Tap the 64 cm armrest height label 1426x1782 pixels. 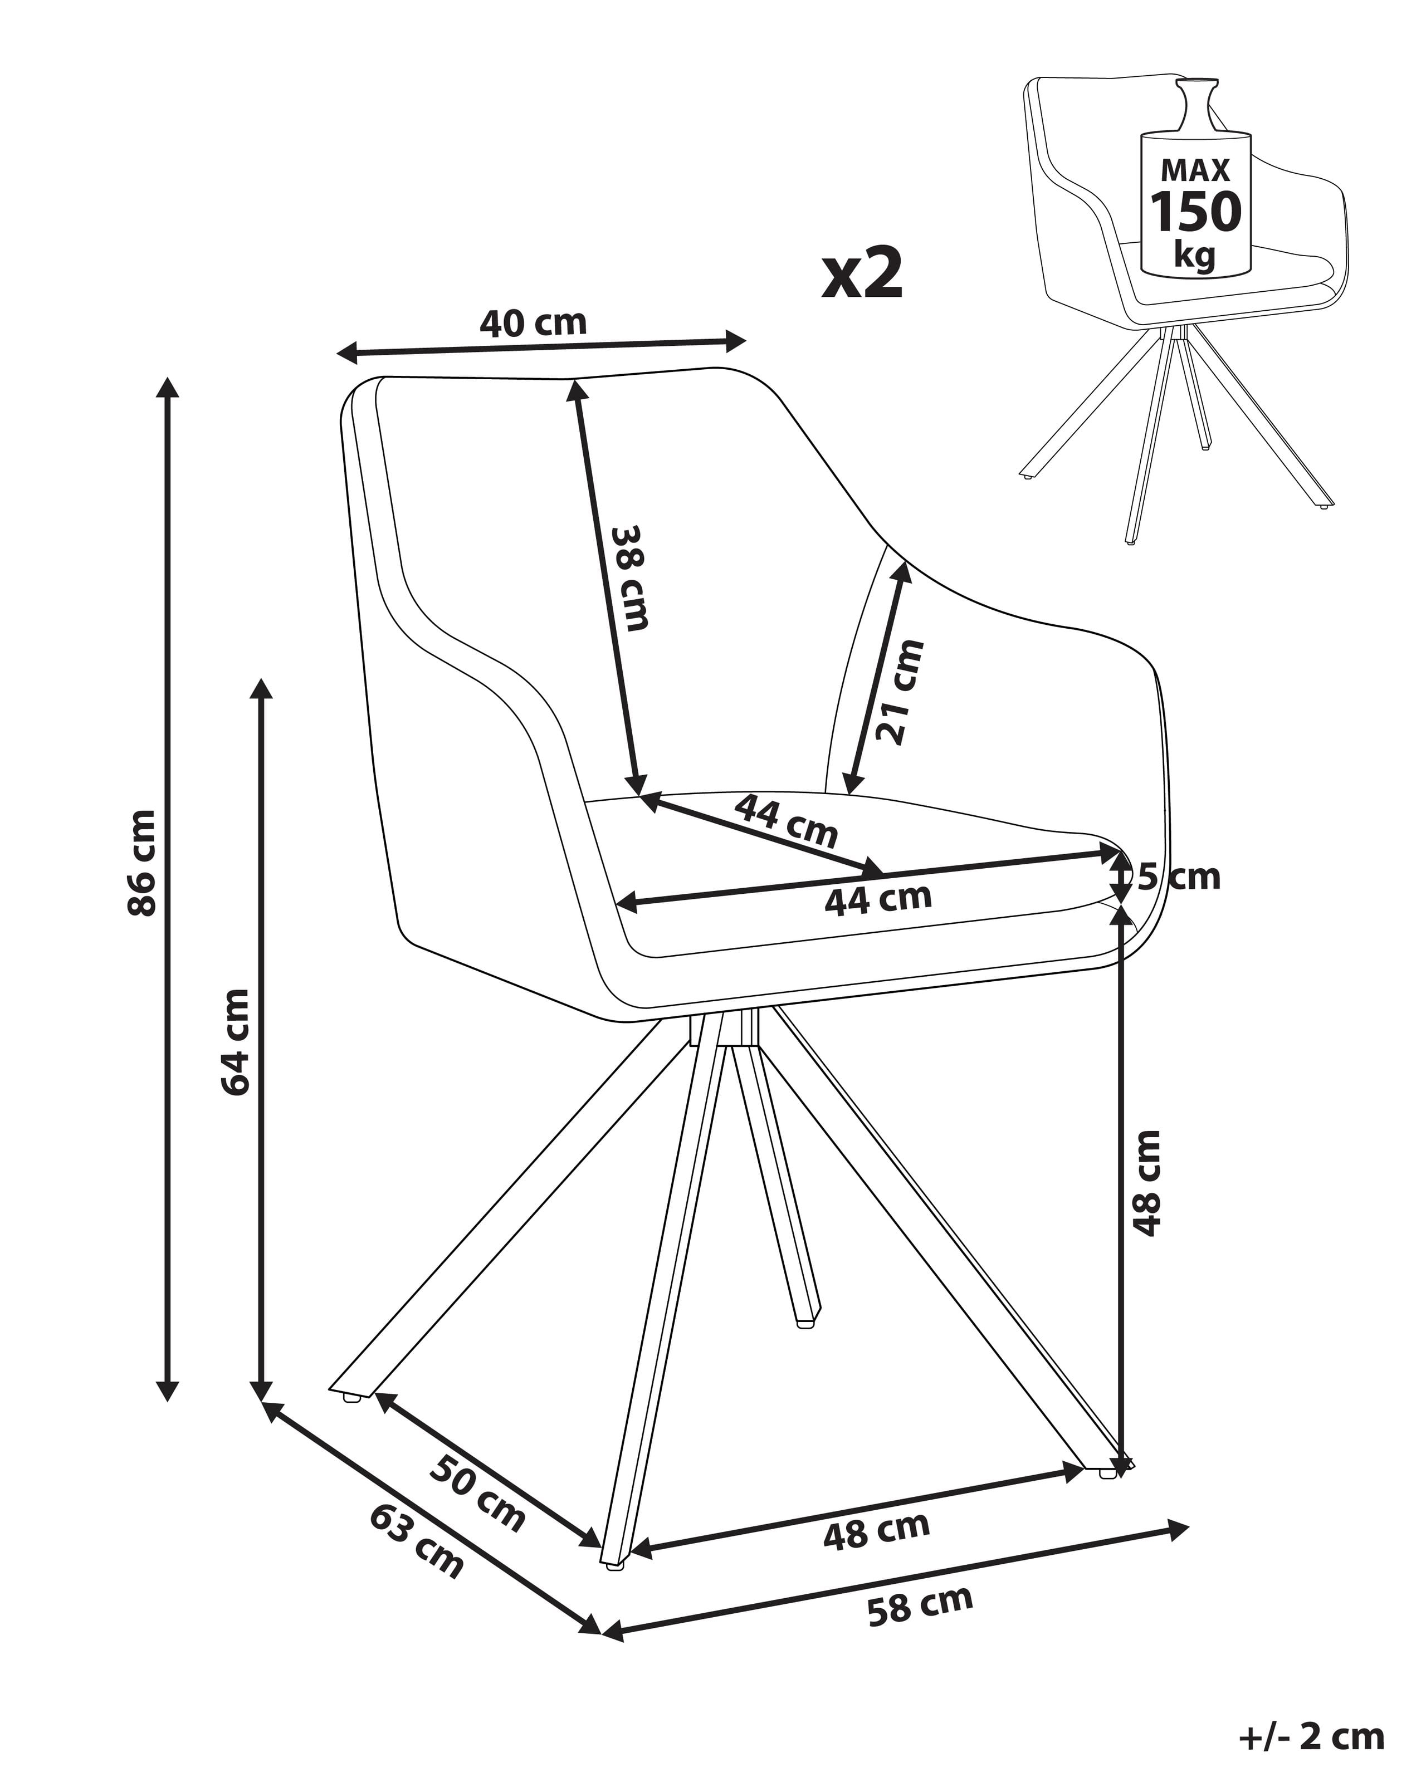click(x=236, y=1041)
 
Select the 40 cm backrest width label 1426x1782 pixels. click(x=533, y=323)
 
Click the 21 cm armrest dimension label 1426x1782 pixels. click(x=900, y=691)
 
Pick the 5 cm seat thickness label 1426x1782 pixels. click(x=1178, y=877)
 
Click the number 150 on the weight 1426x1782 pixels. click(x=1195, y=212)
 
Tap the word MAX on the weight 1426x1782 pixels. click(x=1195, y=170)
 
